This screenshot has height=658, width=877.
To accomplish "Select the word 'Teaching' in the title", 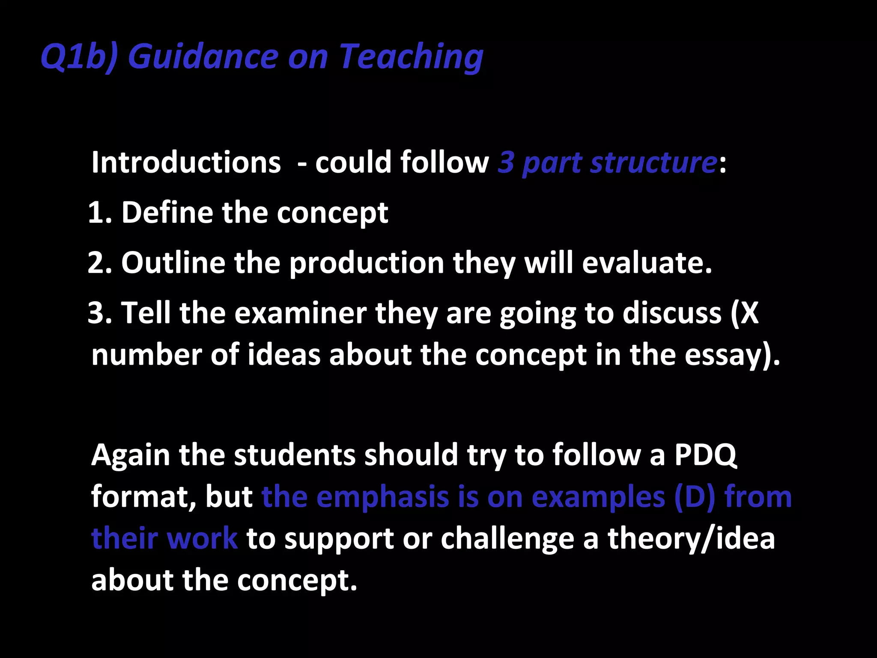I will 411,57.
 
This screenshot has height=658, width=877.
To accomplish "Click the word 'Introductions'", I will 186,163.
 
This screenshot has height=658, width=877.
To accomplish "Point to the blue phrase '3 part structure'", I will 607,163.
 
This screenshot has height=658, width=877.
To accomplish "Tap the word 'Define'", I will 167,213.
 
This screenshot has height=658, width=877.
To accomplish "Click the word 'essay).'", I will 732,356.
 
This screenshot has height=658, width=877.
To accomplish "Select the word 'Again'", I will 131,455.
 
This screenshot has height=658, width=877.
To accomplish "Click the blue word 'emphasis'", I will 382,497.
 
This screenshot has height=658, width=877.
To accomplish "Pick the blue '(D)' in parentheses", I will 694,497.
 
